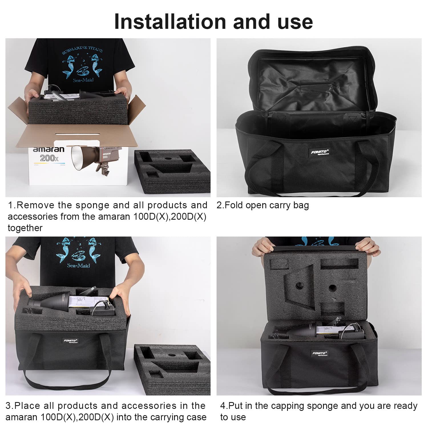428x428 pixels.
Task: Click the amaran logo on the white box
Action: click(x=49, y=149)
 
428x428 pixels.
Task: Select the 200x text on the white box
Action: click(x=49, y=158)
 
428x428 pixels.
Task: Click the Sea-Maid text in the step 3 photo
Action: click(x=78, y=266)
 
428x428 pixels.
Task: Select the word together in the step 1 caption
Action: click(x=25, y=228)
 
